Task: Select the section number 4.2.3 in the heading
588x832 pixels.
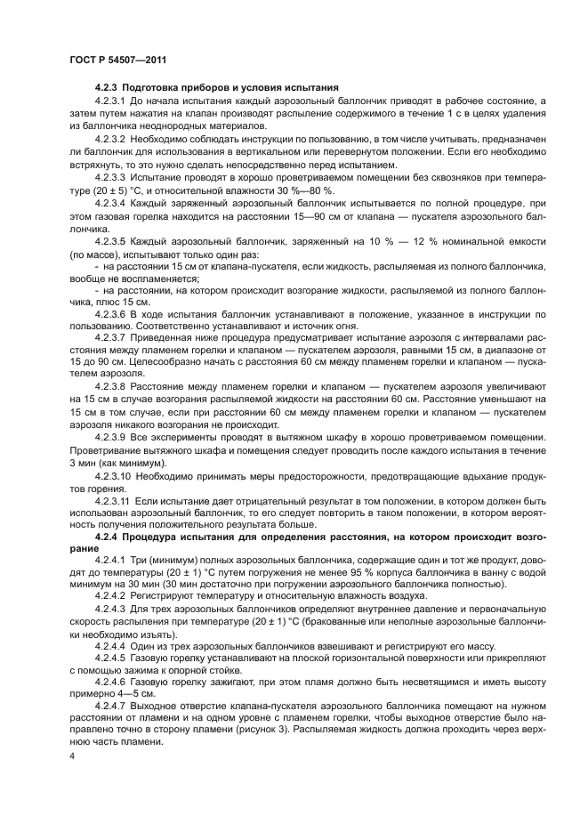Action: (x=108, y=87)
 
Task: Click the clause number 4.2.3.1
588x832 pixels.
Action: (x=110, y=101)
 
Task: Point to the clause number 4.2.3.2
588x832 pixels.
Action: (x=110, y=140)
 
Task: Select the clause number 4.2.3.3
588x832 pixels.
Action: (x=110, y=178)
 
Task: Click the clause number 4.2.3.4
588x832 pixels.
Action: (x=110, y=204)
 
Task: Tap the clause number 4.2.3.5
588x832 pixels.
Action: (x=110, y=242)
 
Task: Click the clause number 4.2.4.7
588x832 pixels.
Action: (x=110, y=704)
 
